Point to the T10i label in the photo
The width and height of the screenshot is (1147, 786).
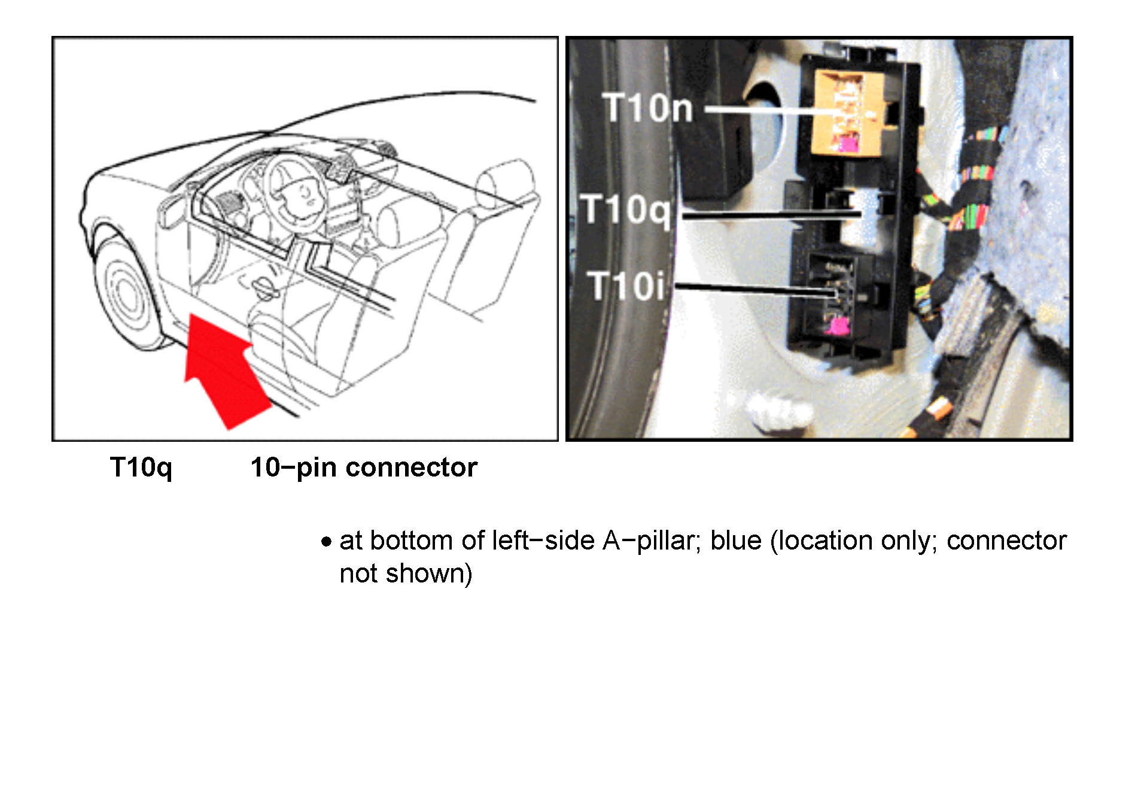click(x=626, y=286)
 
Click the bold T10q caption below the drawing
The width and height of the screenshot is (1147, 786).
click(x=141, y=468)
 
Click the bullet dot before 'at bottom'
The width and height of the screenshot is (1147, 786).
click(x=326, y=542)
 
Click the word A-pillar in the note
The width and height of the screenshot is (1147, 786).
click(x=651, y=541)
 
